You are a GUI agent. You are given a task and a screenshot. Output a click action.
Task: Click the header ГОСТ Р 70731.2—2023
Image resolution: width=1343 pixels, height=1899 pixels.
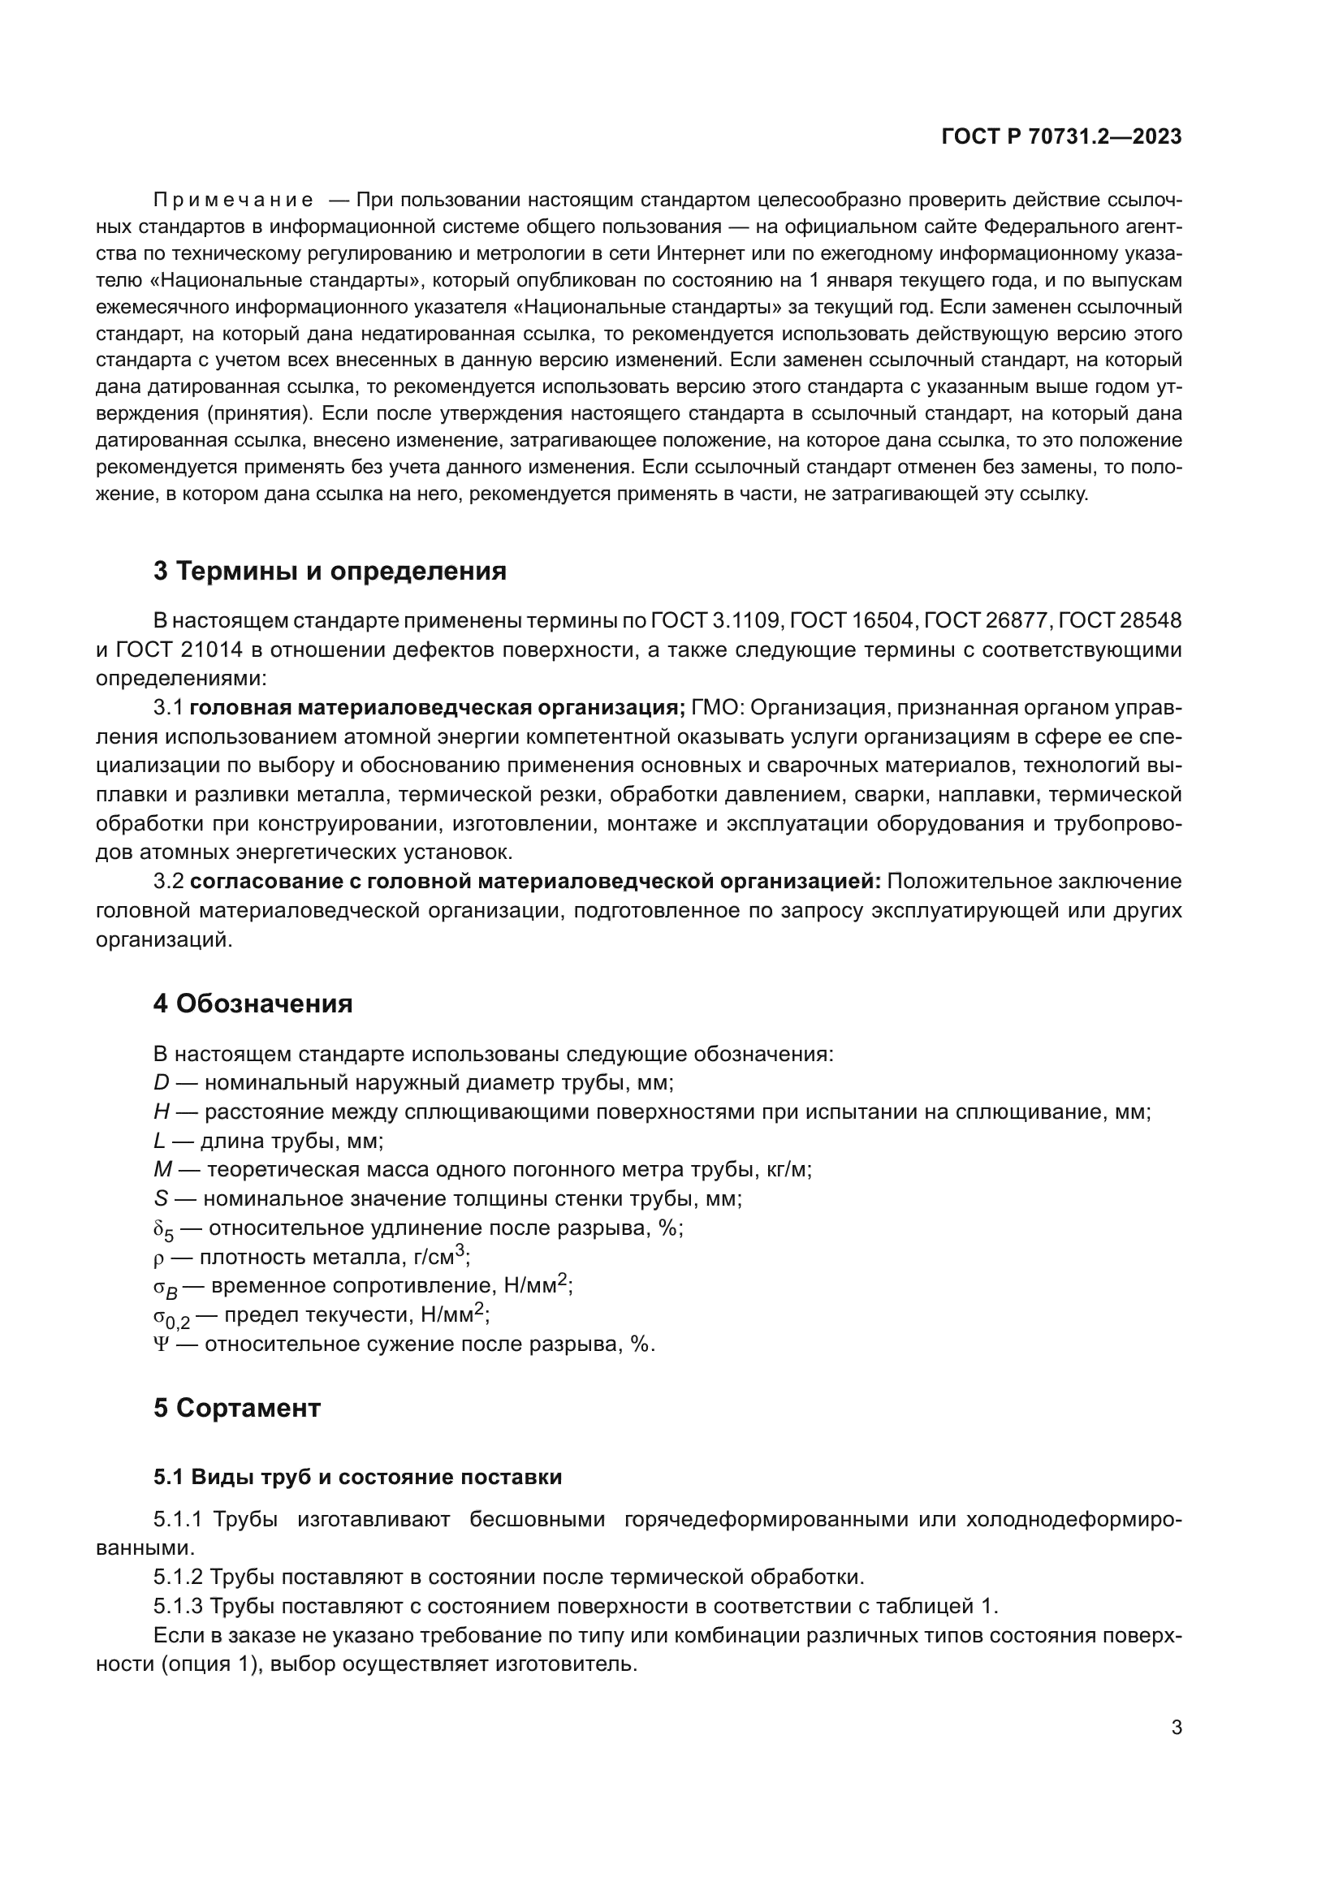coord(1061,137)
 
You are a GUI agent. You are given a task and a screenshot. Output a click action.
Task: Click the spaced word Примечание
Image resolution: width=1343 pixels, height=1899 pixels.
coord(233,201)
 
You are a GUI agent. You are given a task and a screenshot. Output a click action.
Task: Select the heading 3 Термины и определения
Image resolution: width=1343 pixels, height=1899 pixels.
coord(329,571)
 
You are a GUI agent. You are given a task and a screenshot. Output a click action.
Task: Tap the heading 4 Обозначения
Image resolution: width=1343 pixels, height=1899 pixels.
coord(253,1003)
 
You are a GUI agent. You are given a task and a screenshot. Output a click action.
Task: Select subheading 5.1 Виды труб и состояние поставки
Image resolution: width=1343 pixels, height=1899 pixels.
coord(357,1476)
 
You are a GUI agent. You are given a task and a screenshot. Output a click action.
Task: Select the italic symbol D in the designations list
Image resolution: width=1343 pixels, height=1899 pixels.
coord(161,1081)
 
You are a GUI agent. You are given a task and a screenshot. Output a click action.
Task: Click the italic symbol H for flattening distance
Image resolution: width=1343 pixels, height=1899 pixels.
coord(162,1111)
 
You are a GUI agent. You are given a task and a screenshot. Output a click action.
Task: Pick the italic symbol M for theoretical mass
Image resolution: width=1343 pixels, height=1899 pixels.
coord(162,1169)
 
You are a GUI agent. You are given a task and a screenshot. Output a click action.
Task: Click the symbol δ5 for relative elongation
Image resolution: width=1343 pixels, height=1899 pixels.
coord(163,1230)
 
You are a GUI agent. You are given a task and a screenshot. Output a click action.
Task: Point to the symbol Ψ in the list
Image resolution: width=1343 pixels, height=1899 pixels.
coord(161,1344)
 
